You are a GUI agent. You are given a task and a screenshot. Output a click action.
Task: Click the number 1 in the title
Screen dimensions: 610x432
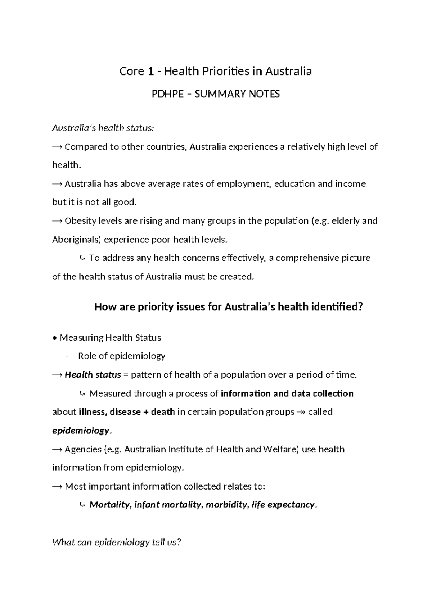click(151, 72)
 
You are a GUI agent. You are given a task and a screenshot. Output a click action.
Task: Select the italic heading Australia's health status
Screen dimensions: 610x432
click(103, 128)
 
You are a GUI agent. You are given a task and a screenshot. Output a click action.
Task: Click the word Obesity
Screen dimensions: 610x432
click(79, 221)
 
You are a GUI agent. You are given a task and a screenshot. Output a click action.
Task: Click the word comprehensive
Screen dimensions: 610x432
click(305, 258)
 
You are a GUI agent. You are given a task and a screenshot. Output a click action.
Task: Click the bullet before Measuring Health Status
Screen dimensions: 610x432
click(54, 338)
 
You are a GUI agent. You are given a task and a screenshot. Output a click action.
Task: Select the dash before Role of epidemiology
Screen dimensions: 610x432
click(67, 356)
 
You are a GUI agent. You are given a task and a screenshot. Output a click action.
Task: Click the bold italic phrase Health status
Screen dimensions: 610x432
click(93, 375)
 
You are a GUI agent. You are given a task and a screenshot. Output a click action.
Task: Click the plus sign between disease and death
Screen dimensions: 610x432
click(145, 412)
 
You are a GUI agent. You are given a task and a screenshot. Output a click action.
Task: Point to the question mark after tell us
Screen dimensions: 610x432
click(178, 542)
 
